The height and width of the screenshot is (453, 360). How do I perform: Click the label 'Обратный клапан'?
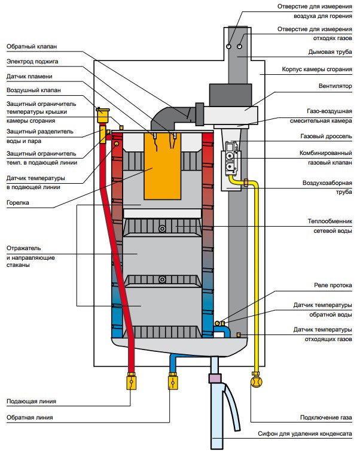pyautogui.click(x=32, y=46)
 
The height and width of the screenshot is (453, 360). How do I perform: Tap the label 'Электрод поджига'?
pyautogui.click(x=33, y=61)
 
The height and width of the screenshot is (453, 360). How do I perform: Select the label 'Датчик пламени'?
pyautogui.click(x=30, y=77)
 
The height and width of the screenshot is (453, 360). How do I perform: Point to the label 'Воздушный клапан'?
pyautogui.click(x=33, y=91)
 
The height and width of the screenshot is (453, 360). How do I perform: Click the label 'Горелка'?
pyautogui.click(x=19, y=203)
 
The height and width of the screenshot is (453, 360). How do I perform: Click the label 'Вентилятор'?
pyautogui.click(x=334, y=86)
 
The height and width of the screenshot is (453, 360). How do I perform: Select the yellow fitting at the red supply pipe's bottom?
pyautogui.click(x=130, y=381)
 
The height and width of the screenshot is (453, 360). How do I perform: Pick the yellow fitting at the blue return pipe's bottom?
pyautogui.click(x=172, y=381)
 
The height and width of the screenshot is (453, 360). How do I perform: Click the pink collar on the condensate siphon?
pyautogui.click(x=215, y=378)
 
